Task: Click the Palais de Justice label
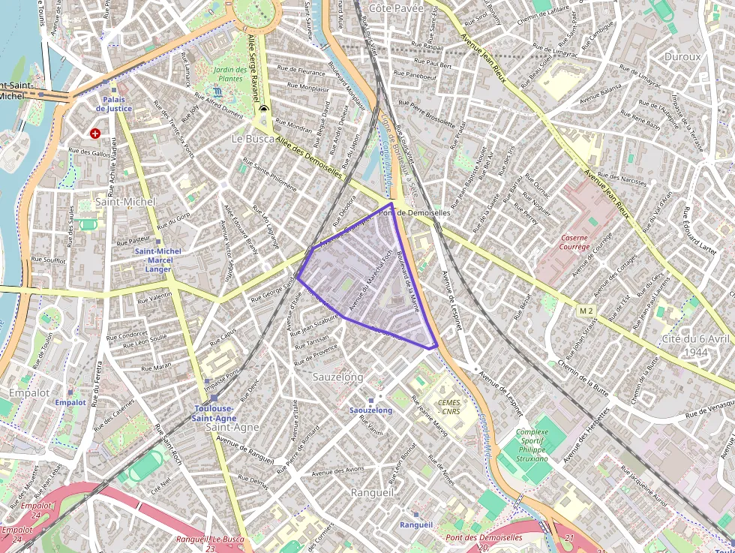[113, 104]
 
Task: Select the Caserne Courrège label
[575, 242]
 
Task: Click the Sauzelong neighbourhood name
[338, 377]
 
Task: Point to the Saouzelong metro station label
[370, 410]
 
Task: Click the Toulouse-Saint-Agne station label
[214, 413]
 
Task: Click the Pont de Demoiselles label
[415, 213]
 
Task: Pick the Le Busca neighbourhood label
[253, 139]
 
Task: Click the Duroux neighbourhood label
[682, 56]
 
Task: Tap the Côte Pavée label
[396, 8]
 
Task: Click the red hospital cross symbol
[95, 134]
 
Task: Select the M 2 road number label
[586, 311]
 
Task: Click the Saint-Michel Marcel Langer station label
[157, 260]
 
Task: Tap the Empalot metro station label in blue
[70, 402]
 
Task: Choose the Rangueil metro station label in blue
[416, 524]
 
